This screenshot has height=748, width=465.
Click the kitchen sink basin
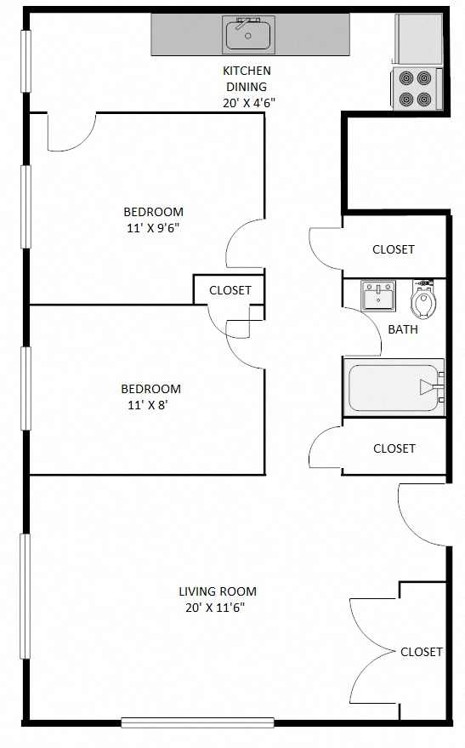tap(248, 35)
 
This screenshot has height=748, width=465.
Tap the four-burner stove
tap(417, 88)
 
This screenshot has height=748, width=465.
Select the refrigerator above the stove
tap(417, 38)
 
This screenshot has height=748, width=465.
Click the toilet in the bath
tap(422, 300)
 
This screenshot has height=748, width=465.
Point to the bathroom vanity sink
tap(377, 296)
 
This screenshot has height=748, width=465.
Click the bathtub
tap(394, 388)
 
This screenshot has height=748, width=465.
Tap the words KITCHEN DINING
tap(247, 78)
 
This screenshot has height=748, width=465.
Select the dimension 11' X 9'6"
tap(153, 227)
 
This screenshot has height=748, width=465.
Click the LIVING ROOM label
tap(218, 591)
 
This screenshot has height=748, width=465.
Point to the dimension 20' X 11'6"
tap(218, 608)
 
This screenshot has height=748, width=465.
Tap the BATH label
tap(403, 329)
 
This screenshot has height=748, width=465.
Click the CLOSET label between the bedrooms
tap(230, 290)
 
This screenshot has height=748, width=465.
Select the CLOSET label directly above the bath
tap(394, 249)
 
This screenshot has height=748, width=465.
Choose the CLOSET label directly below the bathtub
tap(394, 448)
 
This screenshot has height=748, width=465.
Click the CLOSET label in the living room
tap(422, 652)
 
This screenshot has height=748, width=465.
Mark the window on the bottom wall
tap(197, 722)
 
